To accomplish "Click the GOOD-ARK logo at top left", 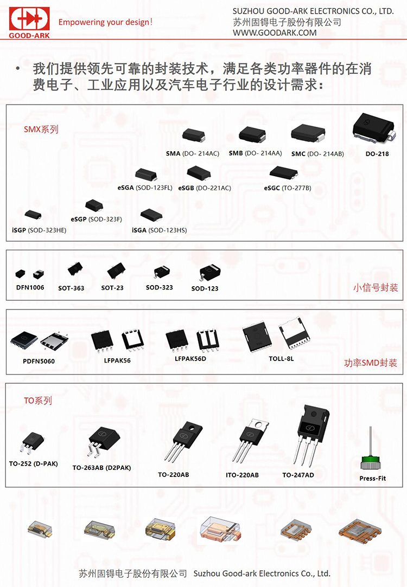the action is pyautogui.click(x=29, y=22).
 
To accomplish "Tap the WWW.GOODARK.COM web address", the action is pyautogui.click(x=275, y=33).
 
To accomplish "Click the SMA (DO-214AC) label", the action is pyautogui.click(x=193, y=153).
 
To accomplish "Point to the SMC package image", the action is pyautogui.click(x=308, y=133).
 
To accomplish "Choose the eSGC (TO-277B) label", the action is pyautogui.click(x=288, y=188).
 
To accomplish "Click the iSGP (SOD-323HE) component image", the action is pyautogui.click(x=33, y=215).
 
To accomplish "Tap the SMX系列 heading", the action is pyautogui.click(x=41, y=130).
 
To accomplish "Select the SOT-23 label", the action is pyautogui.click(x=112, y=288).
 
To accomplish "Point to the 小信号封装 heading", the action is pyautogui.click(x=376, y=287).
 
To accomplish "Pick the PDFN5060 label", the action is pyautogui.click(x=39, y=362).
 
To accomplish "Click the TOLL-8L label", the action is pyautogui.click(x=281, y=359).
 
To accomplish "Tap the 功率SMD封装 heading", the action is pyautogui.click(x=371, y=363).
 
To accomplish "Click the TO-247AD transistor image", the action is pyautogui.click(x=310, y=434).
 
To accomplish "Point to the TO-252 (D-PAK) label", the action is pyautogui.click(x=33, y=463).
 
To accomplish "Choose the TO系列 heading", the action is pyautogui.click(x=38, y=401).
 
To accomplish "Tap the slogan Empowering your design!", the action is pyautogui.click(x=105, y=22).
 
